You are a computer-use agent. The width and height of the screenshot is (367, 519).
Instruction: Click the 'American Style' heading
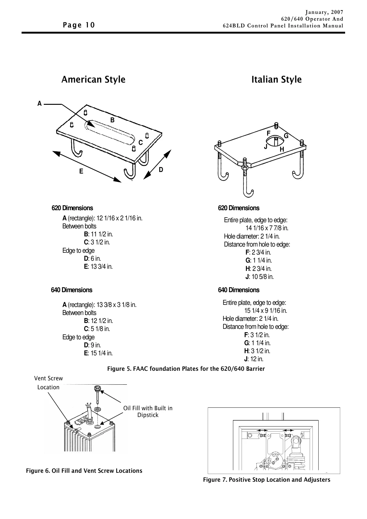pyautogui.click(x=93, y=80)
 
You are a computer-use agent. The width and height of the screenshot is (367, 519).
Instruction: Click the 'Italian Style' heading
pyautogui.click(x=276, y=80)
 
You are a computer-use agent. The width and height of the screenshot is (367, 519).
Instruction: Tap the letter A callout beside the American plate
pyautogui.click(x=39, y=104)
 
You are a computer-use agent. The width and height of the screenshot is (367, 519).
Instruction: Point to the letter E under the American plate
pyautogui.click(x=81, y=171)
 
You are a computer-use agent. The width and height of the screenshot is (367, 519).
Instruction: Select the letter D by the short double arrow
pyautogui.click(x=161, y=170)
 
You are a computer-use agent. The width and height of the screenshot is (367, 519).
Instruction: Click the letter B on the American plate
pyautogui.click(x=112, y=120)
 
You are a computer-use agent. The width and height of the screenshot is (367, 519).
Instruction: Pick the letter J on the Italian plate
pyautogui.click(x=266, y=147)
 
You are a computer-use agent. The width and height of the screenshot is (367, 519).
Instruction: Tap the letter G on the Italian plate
pyautogui.click(x=286, y=136)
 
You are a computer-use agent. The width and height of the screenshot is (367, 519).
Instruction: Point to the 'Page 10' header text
pyautogui.click(x=79, y=25)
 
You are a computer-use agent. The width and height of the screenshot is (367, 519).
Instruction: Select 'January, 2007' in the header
pyautogui.click(x=324, y=12)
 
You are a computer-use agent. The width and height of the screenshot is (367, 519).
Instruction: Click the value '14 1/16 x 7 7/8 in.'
pyautogui.click(x=267, y=228)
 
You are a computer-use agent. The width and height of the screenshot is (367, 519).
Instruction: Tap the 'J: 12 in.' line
pyautogui.click(x=254, y=359)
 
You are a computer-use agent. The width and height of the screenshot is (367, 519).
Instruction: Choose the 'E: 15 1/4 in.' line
pyautogui.click(x=98, y=353)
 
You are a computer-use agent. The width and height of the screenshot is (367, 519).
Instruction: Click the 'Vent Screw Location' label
pyautogui.click(x=48, y=383)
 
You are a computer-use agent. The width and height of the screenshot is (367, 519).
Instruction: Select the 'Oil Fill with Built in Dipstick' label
pyautogui.click(x=148, y=411)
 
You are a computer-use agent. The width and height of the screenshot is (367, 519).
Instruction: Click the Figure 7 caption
pyautogui.click(x=267, y=480)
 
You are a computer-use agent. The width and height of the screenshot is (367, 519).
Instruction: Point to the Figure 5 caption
pyautogui.click(x=186, y=369)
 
